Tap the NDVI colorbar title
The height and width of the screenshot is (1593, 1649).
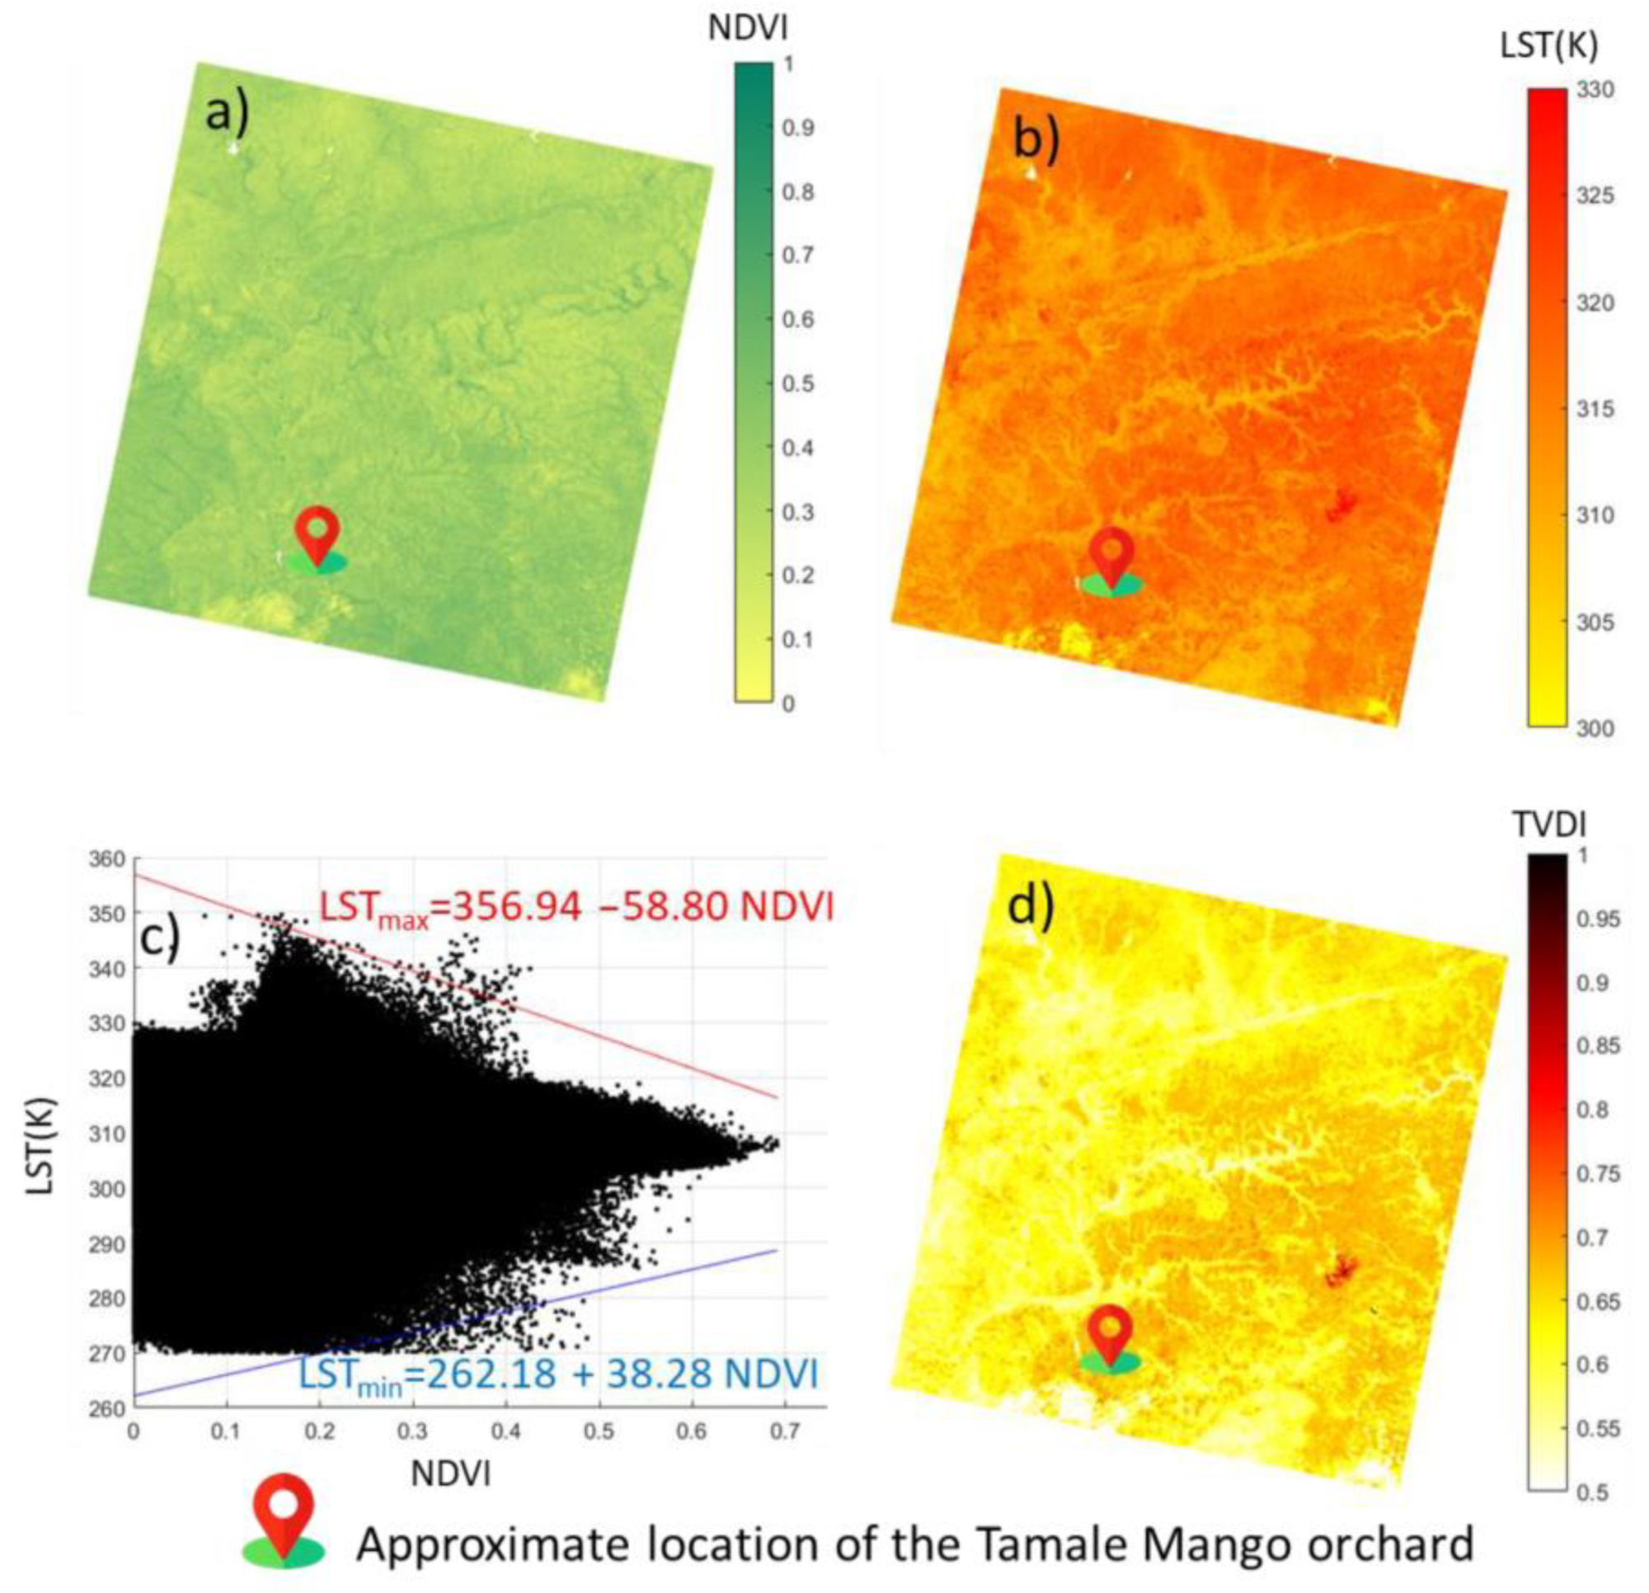pyautogui.click(x=748, y=29)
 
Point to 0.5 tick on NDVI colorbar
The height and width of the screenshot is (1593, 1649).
pyautogui.click(x=797, y=383)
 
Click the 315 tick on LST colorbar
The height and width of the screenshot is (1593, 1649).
pyautogui.click(x=1595, y=409)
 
